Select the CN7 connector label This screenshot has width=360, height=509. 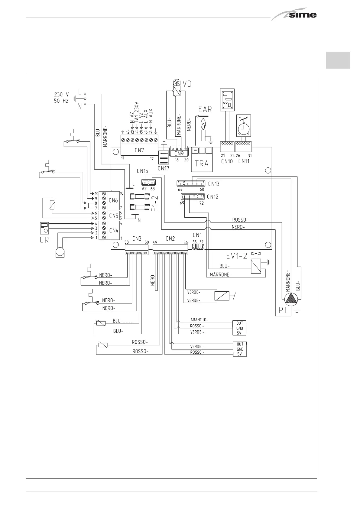139,150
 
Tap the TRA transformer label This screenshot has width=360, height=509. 202,164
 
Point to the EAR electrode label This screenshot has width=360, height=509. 205,109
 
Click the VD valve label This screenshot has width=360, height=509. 187,84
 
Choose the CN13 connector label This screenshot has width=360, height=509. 213,184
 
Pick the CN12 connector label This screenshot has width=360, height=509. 212,197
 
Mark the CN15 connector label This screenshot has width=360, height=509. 142,171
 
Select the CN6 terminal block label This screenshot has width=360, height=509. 114,200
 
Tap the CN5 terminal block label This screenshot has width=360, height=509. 114,216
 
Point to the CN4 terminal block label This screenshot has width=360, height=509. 114,230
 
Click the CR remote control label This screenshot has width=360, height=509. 44,241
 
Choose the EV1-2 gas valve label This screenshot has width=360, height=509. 237,256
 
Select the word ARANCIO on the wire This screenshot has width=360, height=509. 199,320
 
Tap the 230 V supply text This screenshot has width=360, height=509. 61,95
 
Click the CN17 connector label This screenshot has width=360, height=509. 163,168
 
